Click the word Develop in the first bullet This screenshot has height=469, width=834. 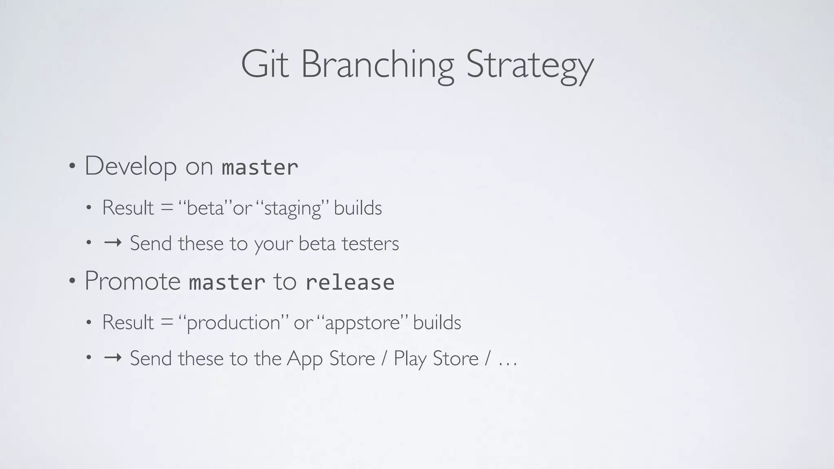coord(130,166)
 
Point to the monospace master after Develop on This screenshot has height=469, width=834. coord(260,167)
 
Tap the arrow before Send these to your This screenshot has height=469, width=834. coord(113,243)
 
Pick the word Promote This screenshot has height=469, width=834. coord(132,281)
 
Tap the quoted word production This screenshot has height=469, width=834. coord(233,323)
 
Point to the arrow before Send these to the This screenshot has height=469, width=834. coord(113,358)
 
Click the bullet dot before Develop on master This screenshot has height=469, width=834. coord(72,166)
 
